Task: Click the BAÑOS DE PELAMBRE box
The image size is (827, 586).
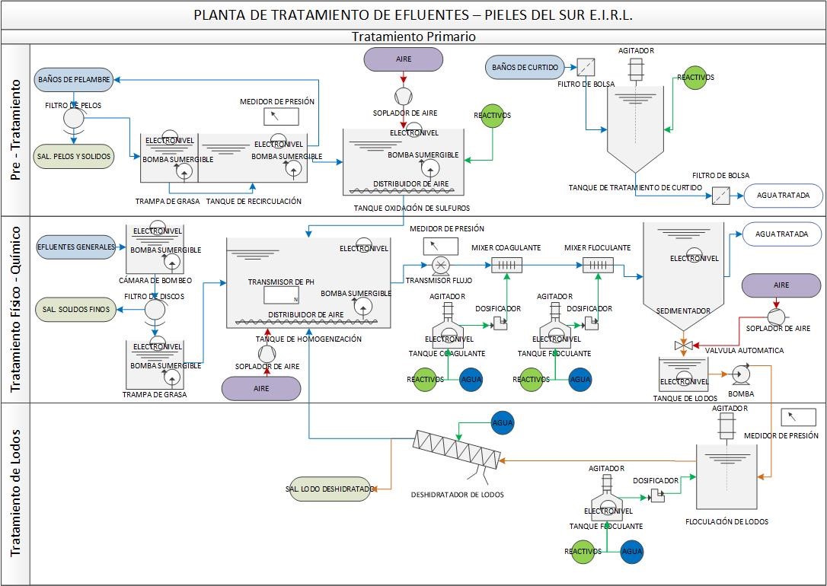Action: pyautogui.click(x=74, y=78)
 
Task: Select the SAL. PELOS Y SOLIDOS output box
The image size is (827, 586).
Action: pyautogui.click(x=74, y=156)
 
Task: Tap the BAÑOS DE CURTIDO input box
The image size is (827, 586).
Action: pyautogui.click(x=525, y=67)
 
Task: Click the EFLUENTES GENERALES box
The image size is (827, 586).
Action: pyautogui.click(x=76, y=247)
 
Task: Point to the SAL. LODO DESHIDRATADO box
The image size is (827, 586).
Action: pyautogui.click(x=328, y=489)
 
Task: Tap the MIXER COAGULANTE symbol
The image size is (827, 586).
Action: pyautogui.click(x=506, y=265)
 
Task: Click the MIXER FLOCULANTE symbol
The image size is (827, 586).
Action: pyautogui.click(x=598, y=265)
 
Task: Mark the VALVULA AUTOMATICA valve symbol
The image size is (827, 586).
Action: pyautogui.click(x=683, y=346)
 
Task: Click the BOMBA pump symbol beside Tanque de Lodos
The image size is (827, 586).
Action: pyautogui.click(x=740, y=374)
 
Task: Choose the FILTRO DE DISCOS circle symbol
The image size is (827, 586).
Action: pyautogui.click(x=156, y=310)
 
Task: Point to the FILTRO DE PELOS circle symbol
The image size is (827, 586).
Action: pyautogui.click(x=74, y=118)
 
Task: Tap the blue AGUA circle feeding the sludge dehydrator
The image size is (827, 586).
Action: pyautogui.click(x=502, y=423)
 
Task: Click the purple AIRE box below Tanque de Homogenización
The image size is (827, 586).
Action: pyautogui.click(x=261, y=388)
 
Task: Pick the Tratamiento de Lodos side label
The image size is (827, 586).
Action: pyautogui.click(x=15, y=493)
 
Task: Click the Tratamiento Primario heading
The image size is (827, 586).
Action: pyautogui.click(x=413, y=37)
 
